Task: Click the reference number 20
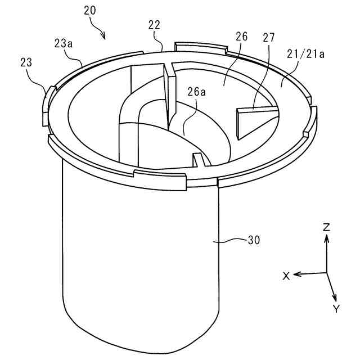pos(90,10)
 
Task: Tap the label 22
pos(154,25)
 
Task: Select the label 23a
pos(64,43)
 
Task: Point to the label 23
pos(26,62)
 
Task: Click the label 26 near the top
pos(242,37)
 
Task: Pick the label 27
pos(269,38)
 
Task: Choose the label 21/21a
pos(305,54)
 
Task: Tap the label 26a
pos(197,92)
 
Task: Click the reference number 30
pos(254,240)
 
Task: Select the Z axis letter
pos(326,227)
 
